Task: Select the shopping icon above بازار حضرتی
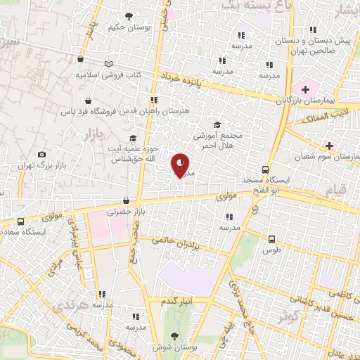pos(126,200)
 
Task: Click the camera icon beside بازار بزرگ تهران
pos(42,155)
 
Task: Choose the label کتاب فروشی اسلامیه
pos(109,74)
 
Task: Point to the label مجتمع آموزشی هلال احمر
pos(216,139)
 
